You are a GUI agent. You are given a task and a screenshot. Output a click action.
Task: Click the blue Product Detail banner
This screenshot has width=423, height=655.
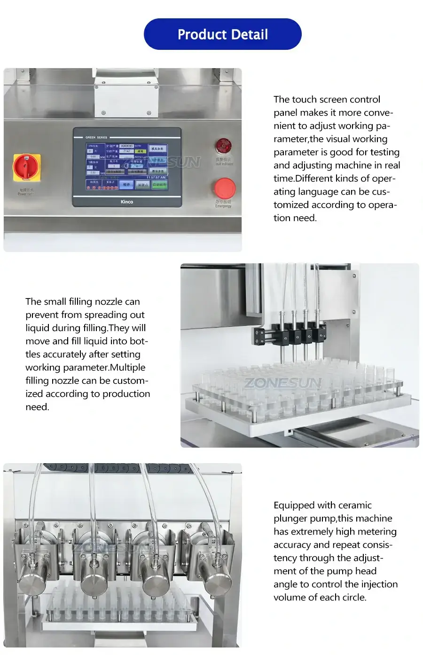tap(222, 34)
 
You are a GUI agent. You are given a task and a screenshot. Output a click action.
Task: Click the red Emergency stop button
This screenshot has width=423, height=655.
tap(225, 188)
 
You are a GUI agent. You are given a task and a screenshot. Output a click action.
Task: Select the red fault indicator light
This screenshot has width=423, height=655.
tap(223, 146)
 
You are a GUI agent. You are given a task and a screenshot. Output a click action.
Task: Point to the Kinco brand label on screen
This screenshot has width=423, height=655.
tap(127, 202)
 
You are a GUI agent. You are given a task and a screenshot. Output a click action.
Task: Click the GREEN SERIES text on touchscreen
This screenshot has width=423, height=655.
tap(96, 137)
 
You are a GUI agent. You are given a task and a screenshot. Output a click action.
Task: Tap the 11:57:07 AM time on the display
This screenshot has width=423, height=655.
tap(156, 178)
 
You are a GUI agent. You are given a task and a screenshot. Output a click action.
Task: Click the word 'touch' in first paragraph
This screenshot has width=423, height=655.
tap(305, 100)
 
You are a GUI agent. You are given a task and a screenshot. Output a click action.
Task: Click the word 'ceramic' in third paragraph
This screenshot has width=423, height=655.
tap(355, 505)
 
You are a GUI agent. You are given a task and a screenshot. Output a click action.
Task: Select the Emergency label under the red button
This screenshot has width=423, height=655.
tap(223, 206)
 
